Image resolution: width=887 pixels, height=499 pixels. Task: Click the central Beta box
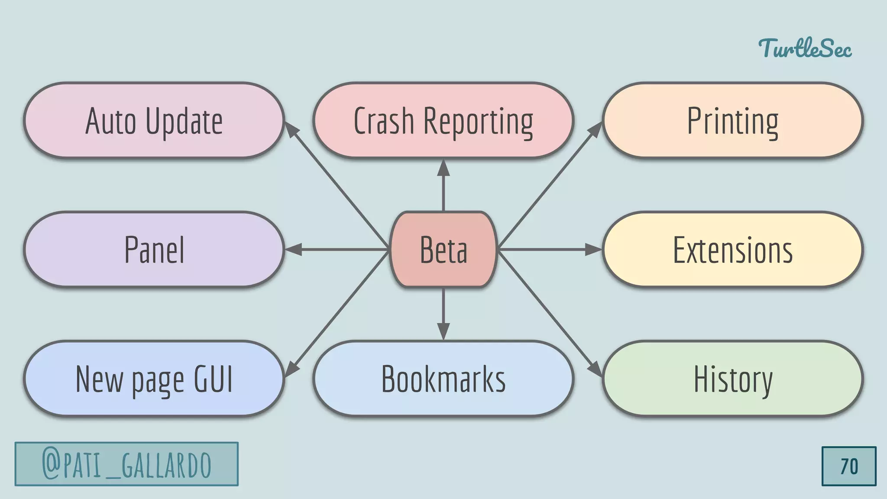tap(443, 249)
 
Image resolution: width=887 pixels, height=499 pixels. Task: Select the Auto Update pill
tap(154, 120)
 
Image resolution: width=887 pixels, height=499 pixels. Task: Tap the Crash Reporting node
tap(443, 120)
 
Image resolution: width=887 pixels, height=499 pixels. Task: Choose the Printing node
tap(733, 120)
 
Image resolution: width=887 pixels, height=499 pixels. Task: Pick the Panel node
tap(154, 249)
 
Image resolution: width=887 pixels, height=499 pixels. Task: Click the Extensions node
tap(733, 249)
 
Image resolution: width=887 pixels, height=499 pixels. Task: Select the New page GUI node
tap(154, 379)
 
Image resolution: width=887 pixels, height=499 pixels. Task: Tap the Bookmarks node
tap(443, 379)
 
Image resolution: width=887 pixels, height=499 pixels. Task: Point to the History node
tap(733, 379)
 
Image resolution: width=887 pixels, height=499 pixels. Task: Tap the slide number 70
tap(849, 467)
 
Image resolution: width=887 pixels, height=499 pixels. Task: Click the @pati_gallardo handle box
tap(126, 464)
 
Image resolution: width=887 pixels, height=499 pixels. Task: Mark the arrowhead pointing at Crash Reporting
tap(443, 168)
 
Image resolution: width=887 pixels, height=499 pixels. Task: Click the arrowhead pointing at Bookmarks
tap(443, 331)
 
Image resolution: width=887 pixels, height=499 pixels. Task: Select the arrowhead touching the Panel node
tap(294, 249)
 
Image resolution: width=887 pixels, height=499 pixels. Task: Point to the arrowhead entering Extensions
tap(593, 249)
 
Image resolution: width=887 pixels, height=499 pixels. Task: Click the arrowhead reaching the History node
tap(596, 369)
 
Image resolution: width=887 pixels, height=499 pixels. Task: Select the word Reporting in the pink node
tap(478, 121)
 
